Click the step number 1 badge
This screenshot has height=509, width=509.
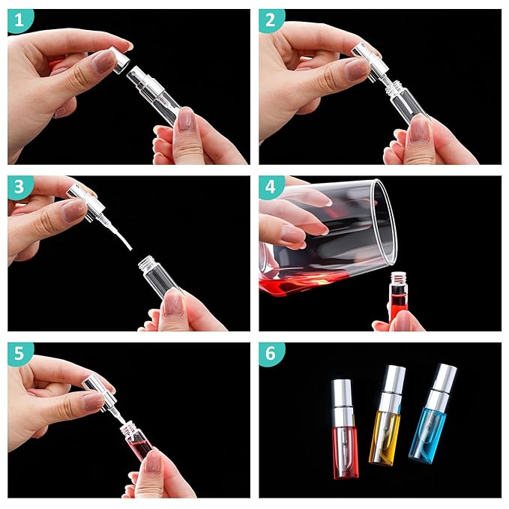point(20,21)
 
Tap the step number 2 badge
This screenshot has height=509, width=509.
point(271,21)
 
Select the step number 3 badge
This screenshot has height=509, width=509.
point(20,187)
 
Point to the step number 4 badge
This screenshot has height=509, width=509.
point(271,187)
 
